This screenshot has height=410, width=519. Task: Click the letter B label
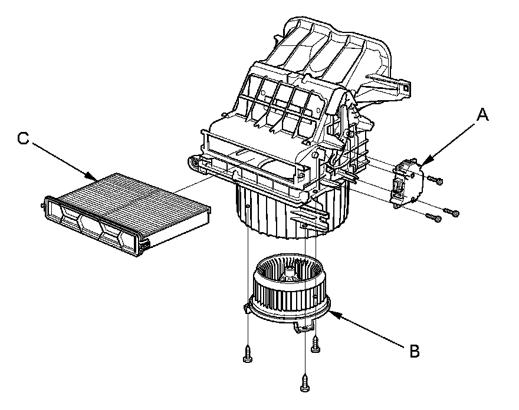(x=414, y=352)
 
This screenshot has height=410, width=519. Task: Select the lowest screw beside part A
(x=435, y=219)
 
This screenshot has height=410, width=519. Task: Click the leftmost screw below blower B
(x=247, y=355)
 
